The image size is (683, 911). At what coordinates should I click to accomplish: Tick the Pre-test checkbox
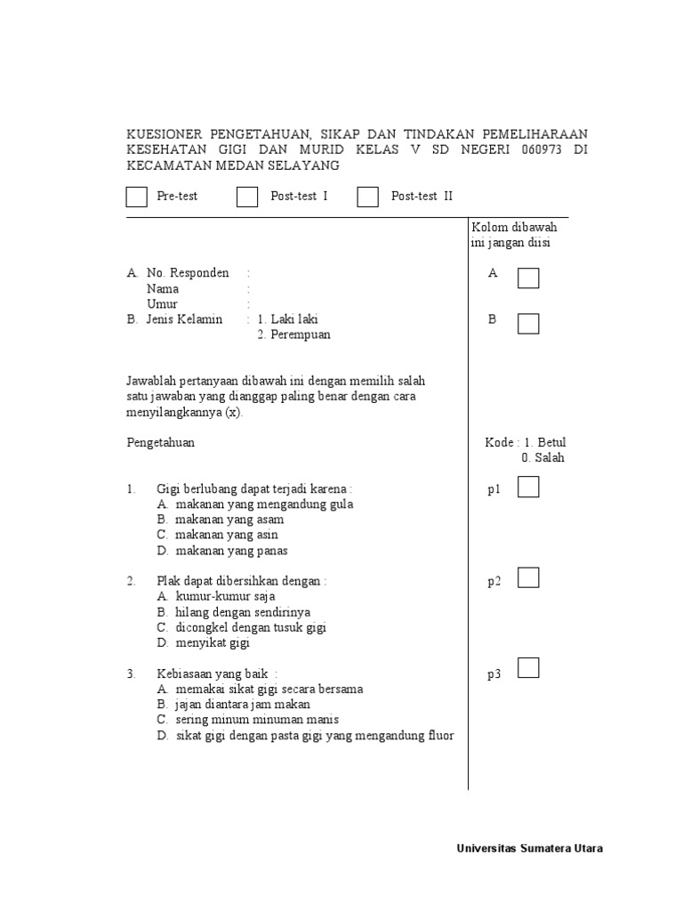click(x=137, y=197)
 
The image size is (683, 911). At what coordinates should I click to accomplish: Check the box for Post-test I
click(x=246, y=197)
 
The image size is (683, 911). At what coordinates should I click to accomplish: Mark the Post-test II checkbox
click(x=367, y=197)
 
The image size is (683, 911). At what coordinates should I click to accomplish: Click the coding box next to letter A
click(x=528, y=278)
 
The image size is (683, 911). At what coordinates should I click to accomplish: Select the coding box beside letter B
click(x=528, y=323)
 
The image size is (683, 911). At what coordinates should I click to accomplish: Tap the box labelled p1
click(x=528, y=487)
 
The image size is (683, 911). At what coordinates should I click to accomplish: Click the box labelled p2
click(x=528, y=578)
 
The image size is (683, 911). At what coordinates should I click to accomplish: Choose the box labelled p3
click(x=528, y=668)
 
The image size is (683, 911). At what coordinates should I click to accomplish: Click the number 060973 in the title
click(x=542, y=149)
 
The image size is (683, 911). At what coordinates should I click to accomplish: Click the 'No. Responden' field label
click(x=188, y=273)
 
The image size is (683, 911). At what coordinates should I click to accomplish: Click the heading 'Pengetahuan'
click(x=161, y=442)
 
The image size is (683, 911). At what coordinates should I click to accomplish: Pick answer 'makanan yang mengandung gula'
click(x=264, y=504)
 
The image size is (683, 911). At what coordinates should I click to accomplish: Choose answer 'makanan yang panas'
click(x=232, y=551)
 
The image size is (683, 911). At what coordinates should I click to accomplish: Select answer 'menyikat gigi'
click(x=213, y=642)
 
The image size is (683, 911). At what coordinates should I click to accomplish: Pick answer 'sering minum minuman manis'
click(x=257, y=719)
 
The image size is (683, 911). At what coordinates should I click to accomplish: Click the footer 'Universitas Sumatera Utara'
click(x=529, y=849)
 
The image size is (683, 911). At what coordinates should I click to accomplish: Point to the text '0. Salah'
click(x=542, y=458)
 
